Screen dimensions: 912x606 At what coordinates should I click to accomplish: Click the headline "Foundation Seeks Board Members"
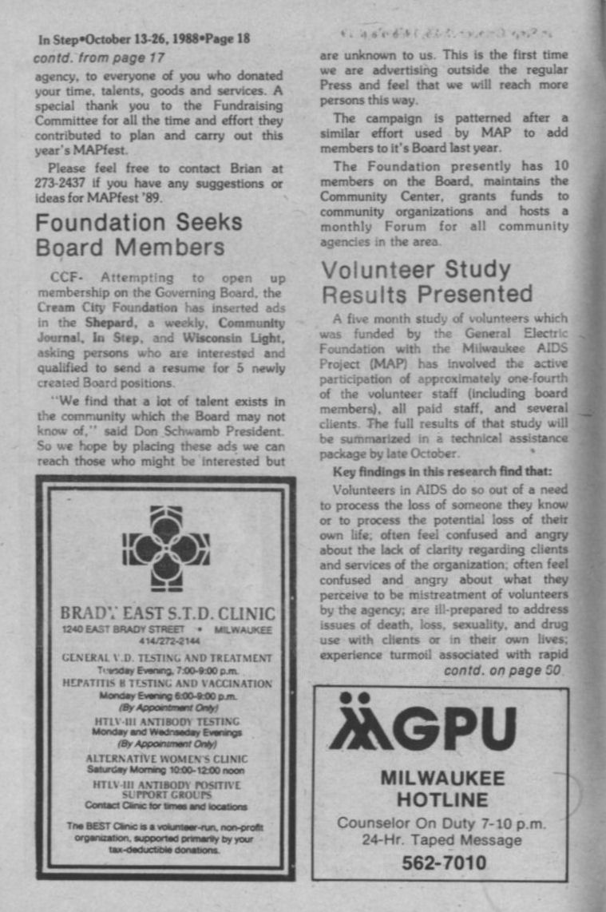click(x=138, y=234)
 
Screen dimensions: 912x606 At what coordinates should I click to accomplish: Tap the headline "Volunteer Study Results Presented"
click(x=426, y=281)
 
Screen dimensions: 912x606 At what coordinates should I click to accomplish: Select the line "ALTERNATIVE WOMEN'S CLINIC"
click(x=167, y=758)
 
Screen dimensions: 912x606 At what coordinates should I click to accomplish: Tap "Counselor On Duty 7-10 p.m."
click(x=442, y=823)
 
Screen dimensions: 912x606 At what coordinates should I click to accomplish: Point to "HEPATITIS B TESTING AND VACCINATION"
click(x=167, y=684)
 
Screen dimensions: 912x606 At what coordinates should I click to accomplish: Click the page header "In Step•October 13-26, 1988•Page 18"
click(x=144, y=38)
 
